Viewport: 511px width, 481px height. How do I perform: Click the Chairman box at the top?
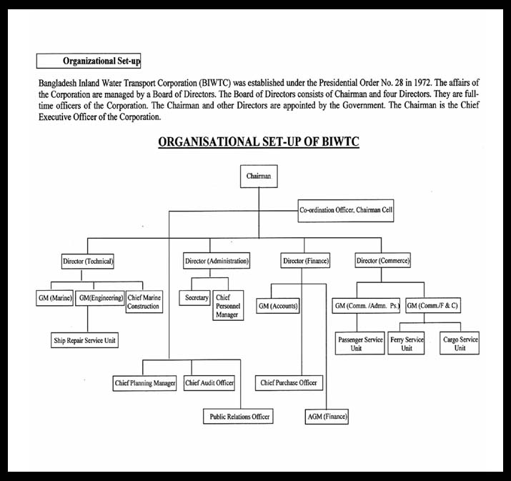pyautogui.click(x=259, y=177)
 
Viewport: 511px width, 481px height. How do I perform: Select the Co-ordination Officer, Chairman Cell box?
pyautogui.click(x=346, y=211)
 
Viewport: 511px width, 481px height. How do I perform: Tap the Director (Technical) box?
pyautogui.click(x=88, y=262)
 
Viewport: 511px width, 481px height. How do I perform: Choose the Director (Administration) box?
pyautogui.click(x=217, y=261)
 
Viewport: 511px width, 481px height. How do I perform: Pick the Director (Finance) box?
pyautogui.click(x=305, y=261)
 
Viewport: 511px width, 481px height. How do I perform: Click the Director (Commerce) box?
pyautogui.click(x=382, y=260)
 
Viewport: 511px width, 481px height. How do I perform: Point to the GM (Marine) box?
pyautogui.click(x=54, y=298)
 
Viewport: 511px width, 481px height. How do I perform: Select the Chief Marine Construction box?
pyautogui.click(x=144, y=302)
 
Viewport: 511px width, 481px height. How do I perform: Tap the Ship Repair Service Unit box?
pyautogui.click(x=84, y=340)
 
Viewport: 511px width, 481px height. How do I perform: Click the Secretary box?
pyautogui.click(x=194, y=298)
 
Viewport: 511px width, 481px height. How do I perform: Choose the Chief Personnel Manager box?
pyautogui.click(x=228, y=306)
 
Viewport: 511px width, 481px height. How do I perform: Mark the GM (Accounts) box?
pyautogui.click(x=278, y=306)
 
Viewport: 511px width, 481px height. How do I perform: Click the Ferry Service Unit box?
pyautogui.click(x=406, y=343)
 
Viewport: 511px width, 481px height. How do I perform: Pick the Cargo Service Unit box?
pyautogui.click(x=460, y=343)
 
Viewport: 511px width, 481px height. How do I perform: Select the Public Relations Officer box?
pyautogui.click(x=238, y=417)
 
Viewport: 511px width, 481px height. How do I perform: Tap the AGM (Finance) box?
pyautogui.click(x=327, y=417)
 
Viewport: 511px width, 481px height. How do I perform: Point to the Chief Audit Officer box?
pyautogui.click(x=209, y=383)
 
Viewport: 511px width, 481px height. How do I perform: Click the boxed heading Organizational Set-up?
pyautogui.click(x=89, y=61)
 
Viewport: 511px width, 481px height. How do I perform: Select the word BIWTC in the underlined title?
pyautogui.click(x=341, y=142)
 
